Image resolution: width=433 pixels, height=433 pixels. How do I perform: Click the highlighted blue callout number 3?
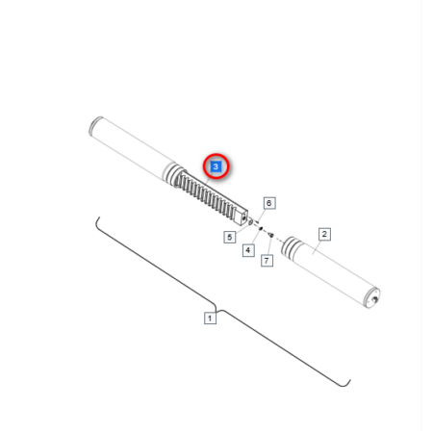click(216, 166)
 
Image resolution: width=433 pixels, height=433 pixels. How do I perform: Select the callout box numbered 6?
click(269, 203)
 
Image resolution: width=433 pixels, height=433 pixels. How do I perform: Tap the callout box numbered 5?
click(230, 238)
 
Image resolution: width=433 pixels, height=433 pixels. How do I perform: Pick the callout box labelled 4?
click(248, 250)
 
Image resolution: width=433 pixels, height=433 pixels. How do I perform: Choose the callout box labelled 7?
click(267, 261)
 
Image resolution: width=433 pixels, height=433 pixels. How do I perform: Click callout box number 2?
click(324, 234)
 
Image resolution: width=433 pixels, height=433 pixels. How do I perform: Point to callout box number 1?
click(210, 318)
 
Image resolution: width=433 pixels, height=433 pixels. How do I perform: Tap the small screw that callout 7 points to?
click(271, 236)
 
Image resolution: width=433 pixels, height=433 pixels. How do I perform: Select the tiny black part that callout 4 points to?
click(261, 228)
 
